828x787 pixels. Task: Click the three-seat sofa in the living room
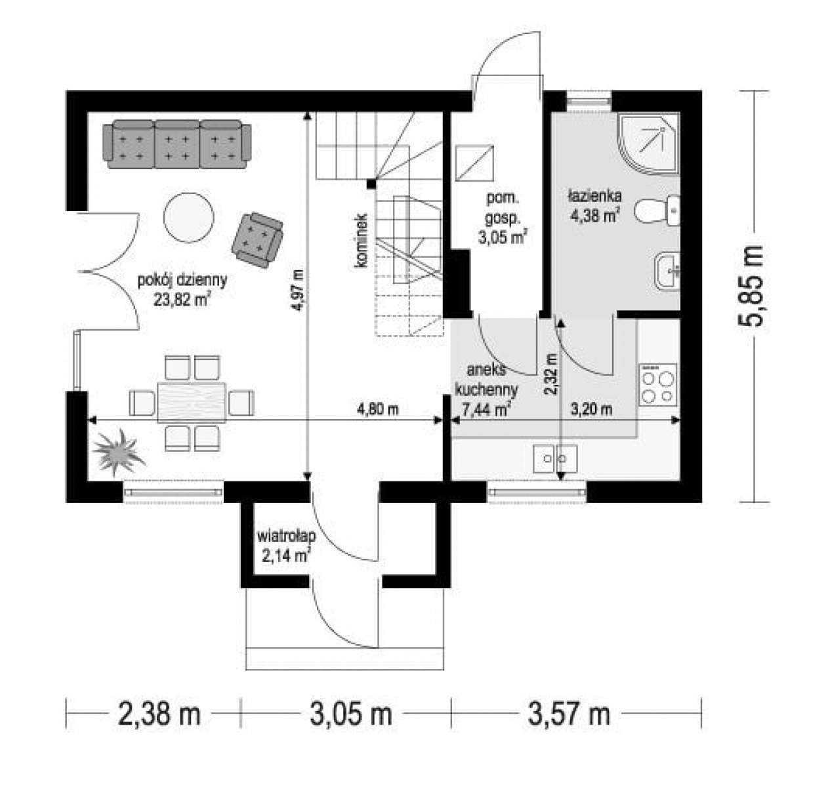point(177,144)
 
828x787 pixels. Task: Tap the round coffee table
point(188,218)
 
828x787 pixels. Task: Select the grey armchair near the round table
point(257,240)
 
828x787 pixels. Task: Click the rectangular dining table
point(192,402)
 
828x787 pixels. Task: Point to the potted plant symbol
point(118,453)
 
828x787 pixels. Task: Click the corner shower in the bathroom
point(649,144)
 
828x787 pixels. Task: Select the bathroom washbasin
point(667,271)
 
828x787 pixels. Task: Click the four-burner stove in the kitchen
point(658,384)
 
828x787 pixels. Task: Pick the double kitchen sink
point(555,458)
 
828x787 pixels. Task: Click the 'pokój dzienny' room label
point(183,280)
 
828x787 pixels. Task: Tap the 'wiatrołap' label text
point(287,537)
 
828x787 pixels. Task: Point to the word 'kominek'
point(361,241)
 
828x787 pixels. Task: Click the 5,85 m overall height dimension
point(750,286)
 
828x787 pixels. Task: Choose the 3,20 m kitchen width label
point(591,409)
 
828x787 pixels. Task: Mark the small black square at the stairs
point(371,184)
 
